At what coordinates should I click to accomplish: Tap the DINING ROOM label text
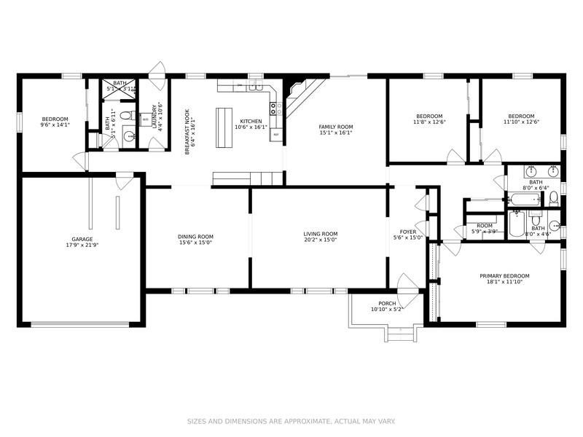195,236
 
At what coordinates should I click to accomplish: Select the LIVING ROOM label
321,234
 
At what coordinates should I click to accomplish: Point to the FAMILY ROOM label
335,127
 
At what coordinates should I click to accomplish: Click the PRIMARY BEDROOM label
504,276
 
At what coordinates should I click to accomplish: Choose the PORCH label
387,303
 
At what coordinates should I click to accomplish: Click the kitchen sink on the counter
255,87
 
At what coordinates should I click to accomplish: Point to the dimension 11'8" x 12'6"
429,122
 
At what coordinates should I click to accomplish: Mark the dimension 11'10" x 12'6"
521,122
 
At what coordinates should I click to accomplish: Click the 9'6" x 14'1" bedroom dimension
55,125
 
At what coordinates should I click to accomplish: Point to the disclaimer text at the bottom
291,421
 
